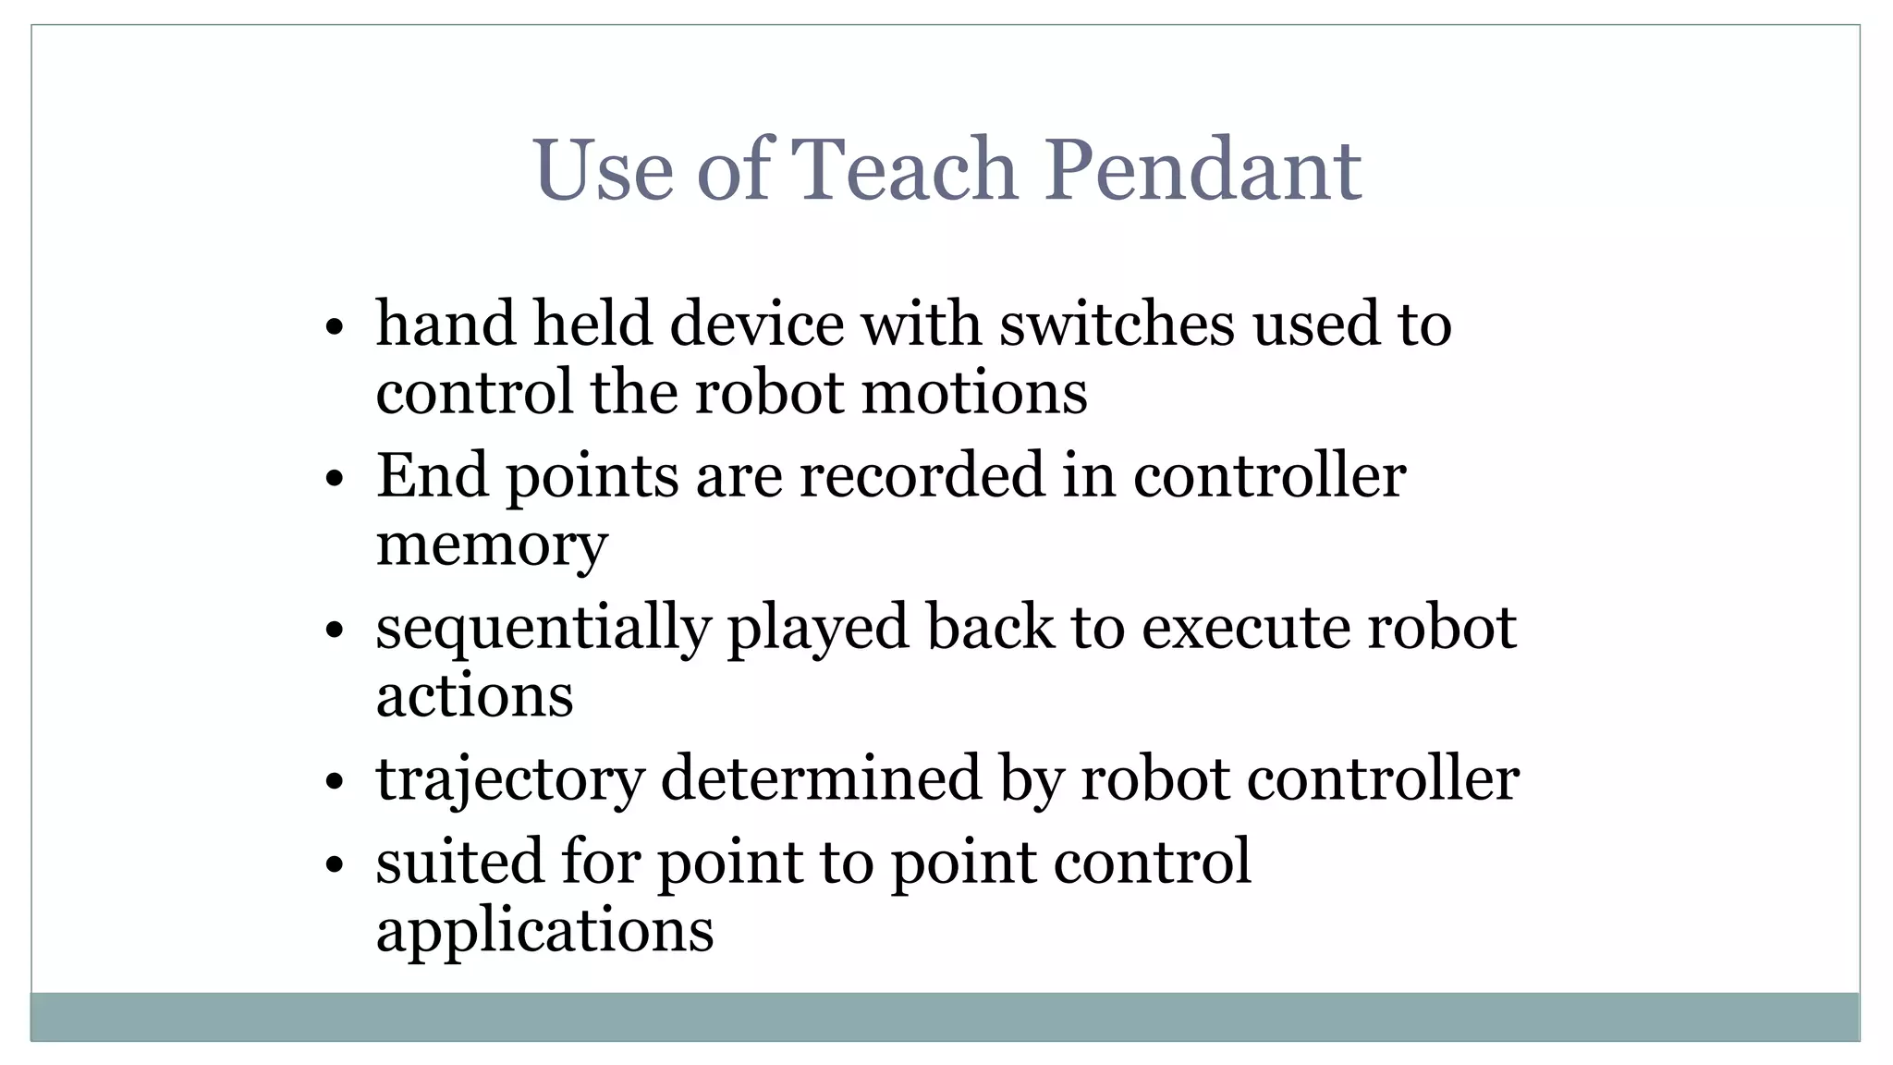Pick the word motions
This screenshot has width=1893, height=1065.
pos(974,393)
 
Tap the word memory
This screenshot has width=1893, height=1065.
pos(492,545)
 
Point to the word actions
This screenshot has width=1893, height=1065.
pos(474,696)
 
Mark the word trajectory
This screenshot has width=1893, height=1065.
pos(510,779)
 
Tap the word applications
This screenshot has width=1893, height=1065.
pos(544,931)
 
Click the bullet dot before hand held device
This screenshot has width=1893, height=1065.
pos(335,327)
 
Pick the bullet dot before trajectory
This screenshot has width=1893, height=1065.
pos(335,782)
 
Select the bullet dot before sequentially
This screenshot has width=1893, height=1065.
pos(335,631)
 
